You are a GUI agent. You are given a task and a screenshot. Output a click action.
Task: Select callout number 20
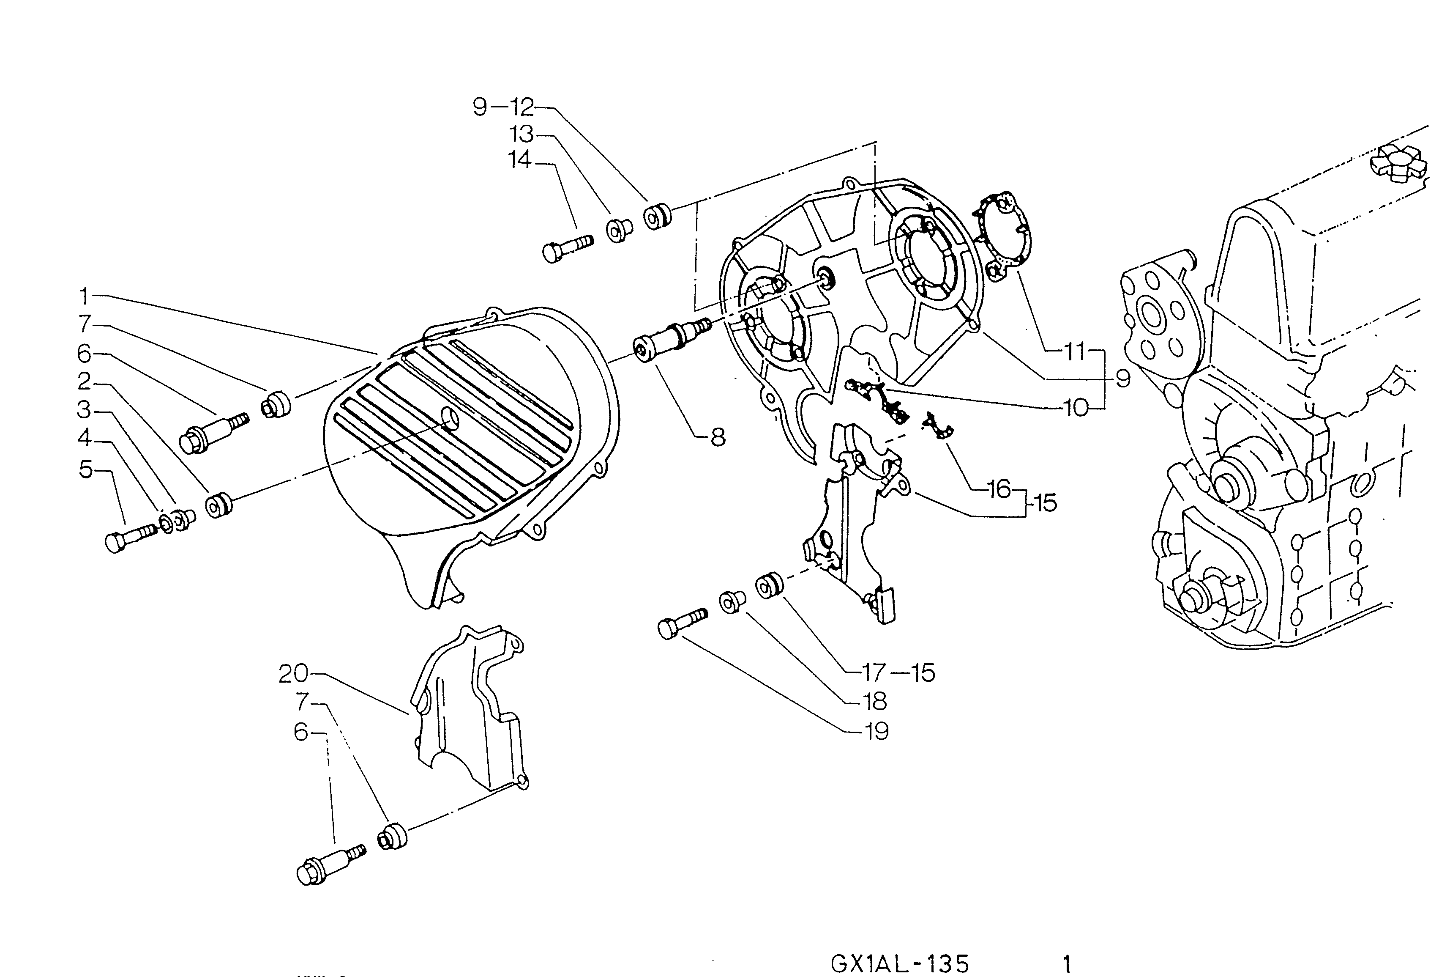point(293,673)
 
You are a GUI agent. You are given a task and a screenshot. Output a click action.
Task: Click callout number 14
point(520,160)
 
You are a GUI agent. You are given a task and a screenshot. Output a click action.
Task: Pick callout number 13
point(522,134)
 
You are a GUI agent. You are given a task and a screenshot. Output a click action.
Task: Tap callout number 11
point(1076,352)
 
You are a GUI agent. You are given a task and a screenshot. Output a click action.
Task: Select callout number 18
point(876,702)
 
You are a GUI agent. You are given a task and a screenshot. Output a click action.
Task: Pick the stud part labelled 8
point(671,341)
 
